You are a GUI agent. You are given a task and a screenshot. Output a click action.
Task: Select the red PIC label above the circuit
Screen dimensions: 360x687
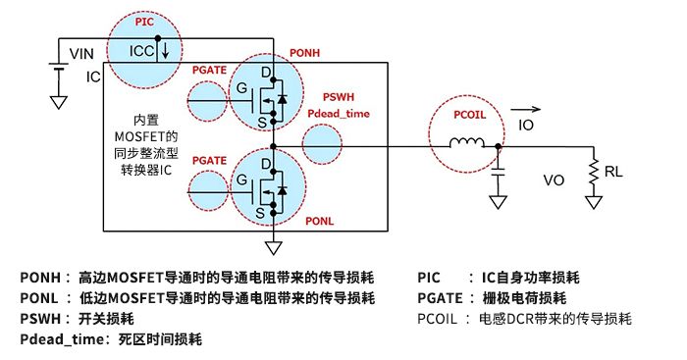click(143, 19)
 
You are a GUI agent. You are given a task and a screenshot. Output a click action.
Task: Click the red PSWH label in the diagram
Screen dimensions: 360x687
click(339, 98)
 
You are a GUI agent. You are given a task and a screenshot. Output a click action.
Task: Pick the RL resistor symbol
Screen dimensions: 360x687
click(593, 171)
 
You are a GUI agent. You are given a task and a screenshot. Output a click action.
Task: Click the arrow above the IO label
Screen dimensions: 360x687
click(527, 111)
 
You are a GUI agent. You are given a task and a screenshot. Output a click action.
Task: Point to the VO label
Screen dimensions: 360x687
click(555, 181)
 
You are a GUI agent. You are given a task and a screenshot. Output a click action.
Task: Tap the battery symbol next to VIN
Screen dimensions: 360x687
click(59, 70)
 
